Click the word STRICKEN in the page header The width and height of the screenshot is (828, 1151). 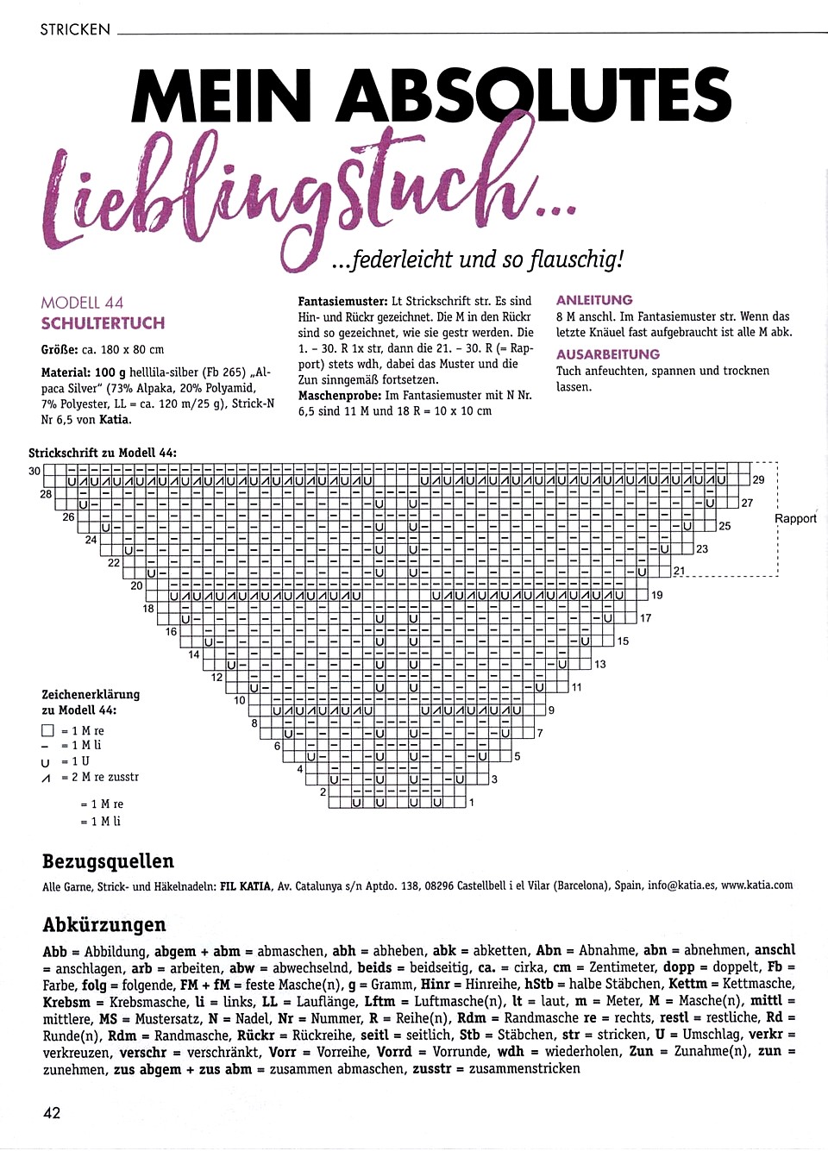75,29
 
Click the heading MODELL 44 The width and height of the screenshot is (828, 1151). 82,303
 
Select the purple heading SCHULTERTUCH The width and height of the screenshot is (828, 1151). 103,323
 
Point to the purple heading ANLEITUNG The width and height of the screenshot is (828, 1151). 594,300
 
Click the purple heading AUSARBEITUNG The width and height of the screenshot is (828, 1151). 608,354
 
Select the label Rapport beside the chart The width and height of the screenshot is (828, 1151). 795,518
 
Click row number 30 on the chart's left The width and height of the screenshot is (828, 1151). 34,471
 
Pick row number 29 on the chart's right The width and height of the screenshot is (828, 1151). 758,479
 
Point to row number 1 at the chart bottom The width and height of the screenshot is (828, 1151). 472,802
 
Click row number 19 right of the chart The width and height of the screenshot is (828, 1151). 657,595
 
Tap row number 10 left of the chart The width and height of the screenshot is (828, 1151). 239,700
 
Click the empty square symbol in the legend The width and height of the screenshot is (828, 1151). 47,730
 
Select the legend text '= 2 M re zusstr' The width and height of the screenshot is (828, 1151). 99,777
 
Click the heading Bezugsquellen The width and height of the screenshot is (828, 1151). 108,861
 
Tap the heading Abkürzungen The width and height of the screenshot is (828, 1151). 103,924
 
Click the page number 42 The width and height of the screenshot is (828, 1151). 52,1112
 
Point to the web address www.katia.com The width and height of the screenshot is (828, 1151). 756,885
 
